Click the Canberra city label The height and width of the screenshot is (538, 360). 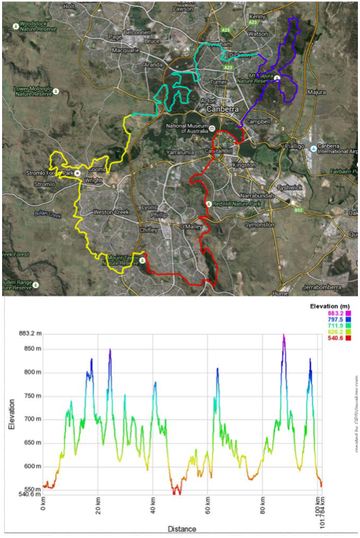(x=221, y=110)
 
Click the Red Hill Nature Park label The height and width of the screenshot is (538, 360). (x=237, y=203)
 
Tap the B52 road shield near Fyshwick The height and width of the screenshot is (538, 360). (x=299, y=210)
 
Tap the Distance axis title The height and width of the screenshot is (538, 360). (x=181, y=530)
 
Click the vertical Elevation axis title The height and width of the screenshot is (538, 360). (x=12, y=413)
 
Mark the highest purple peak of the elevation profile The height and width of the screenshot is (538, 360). (x=283, y=335)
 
